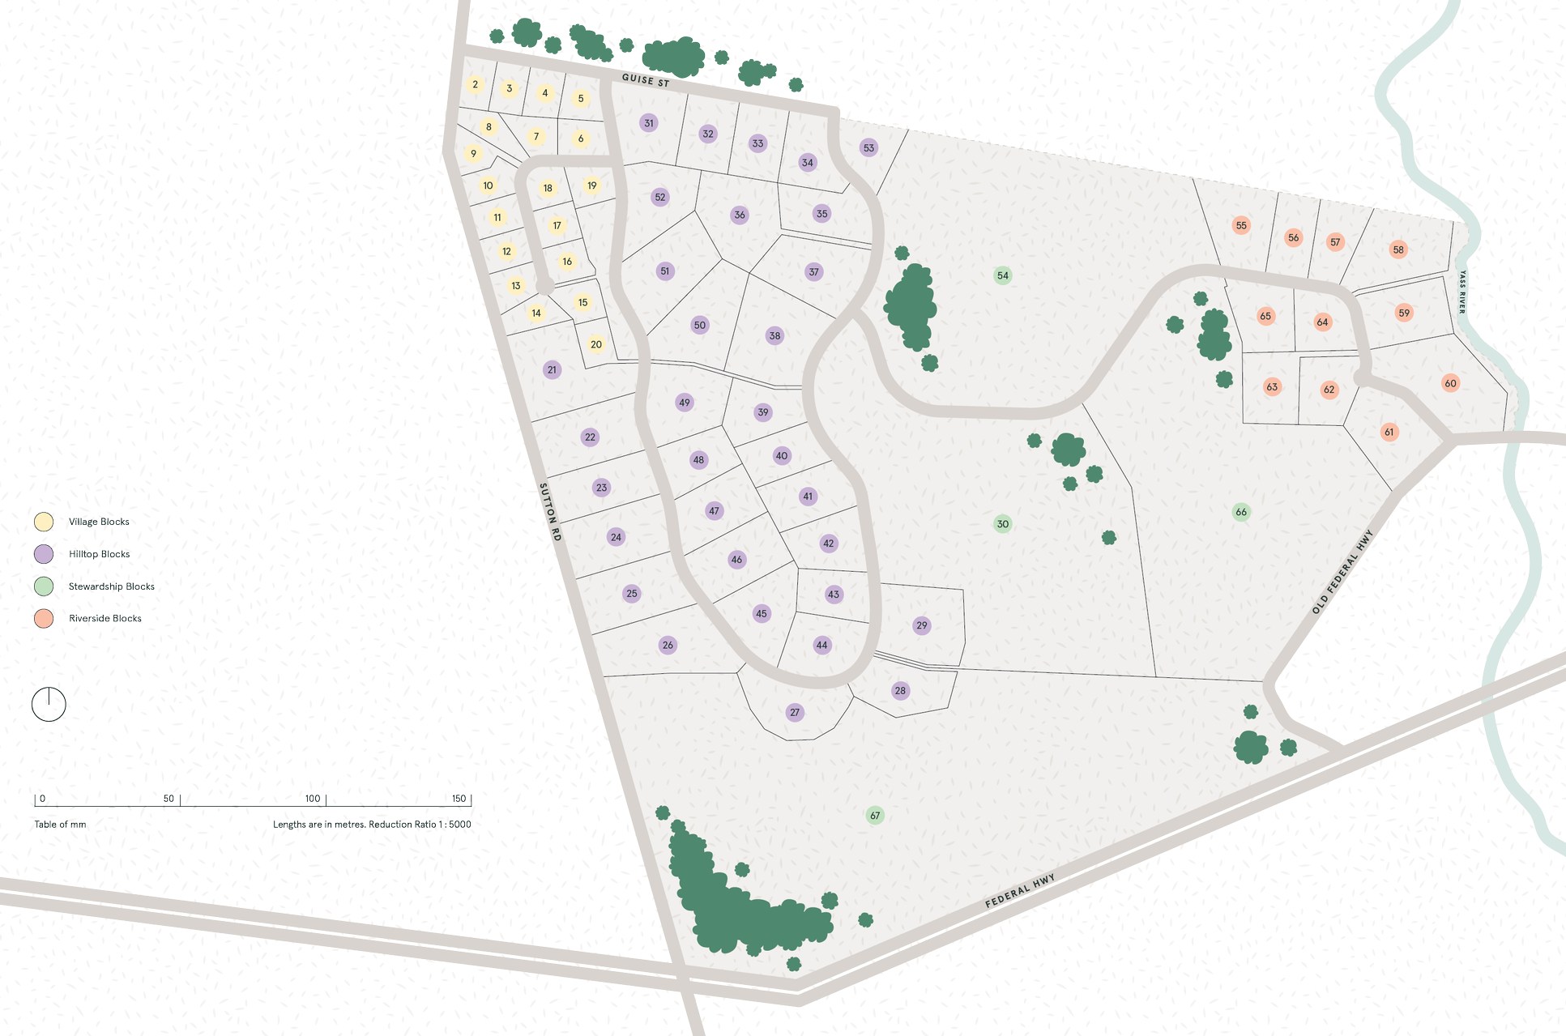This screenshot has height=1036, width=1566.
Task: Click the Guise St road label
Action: (x=646, y=80)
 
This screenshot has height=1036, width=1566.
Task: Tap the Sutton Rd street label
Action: (x=550, y=512)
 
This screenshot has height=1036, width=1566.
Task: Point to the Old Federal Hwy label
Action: (x=1342, y=572)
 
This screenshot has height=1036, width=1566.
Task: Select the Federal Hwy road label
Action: (x=1020, y=890)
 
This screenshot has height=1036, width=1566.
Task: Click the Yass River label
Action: (x=1461, y=292)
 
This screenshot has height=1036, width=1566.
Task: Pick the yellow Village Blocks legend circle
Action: (x=44, y=522)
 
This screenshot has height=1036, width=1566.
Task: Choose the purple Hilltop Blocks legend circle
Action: (x=44, y=554)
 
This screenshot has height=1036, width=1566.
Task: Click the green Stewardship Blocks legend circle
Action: (x=44, y=586)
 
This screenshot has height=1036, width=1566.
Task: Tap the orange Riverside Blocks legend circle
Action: (x=44, y=618)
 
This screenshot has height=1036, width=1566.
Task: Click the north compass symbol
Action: (x=49, y=705)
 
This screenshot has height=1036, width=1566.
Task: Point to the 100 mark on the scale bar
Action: (x=313, y=799)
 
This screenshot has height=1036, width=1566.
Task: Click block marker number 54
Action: (x=1003, y=275)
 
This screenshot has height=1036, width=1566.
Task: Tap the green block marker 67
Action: (x=875, y=816)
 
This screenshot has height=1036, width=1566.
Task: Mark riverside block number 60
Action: (x=1450, y=383)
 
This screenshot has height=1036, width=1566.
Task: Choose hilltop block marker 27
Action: (x=795, y=713)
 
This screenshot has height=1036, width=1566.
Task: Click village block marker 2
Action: (x=476, y=84)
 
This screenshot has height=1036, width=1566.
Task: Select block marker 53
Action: (x=868, y=148)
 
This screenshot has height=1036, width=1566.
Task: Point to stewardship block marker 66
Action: (x=1241, y=512)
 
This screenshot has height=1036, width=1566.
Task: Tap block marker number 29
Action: (x=922, y=625)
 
